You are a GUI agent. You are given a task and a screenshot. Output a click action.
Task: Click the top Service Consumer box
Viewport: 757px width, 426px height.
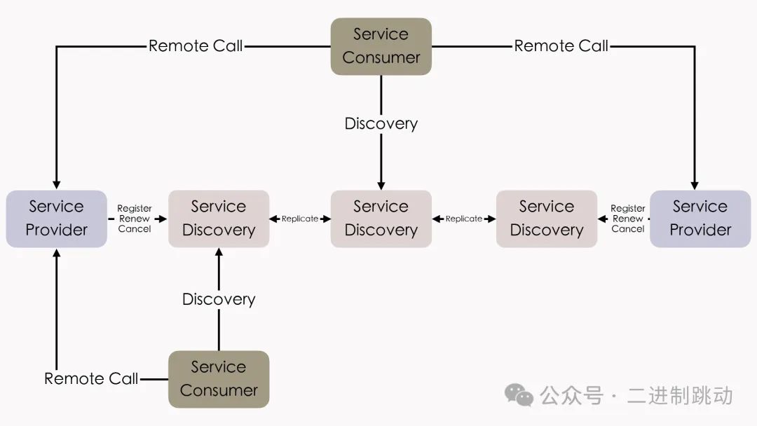381,46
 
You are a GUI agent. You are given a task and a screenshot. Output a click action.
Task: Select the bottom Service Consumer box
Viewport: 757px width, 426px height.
219,379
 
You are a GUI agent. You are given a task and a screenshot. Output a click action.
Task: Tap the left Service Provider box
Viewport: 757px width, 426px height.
56,219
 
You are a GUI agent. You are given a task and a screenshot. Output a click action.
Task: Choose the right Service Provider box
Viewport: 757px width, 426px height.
700,219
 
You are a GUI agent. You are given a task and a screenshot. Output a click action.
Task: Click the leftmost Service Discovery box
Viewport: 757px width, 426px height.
219,219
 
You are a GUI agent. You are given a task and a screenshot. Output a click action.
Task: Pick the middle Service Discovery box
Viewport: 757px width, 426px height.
381,219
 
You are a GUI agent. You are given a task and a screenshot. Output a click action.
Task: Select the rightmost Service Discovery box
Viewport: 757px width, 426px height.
547,219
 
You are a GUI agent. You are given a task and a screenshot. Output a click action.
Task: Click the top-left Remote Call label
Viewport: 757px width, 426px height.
196,46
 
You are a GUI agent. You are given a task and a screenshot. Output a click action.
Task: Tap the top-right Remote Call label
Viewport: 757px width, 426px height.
561,46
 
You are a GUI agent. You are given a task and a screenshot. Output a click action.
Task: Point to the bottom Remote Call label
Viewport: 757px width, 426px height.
91,379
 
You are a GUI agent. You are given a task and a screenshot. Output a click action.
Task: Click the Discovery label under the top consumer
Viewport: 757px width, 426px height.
381,124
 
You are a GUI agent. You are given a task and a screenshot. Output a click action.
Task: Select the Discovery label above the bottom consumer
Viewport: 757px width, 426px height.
219,299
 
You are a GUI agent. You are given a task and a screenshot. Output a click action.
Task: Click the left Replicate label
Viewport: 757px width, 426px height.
300,219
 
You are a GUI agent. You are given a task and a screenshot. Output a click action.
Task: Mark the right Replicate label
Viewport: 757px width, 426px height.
464,219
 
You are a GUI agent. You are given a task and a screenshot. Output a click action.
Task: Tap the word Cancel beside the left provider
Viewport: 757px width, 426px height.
135,229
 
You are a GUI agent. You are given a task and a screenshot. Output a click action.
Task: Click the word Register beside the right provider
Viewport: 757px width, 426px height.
628,208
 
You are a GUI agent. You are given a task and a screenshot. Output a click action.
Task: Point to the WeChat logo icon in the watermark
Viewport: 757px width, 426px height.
519,395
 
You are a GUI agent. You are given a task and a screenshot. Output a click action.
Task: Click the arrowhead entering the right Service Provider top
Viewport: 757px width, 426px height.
695,185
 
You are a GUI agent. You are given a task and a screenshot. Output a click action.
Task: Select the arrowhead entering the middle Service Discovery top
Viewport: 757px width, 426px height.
381,185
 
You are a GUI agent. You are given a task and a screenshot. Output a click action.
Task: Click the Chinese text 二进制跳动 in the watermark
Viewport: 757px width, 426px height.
680,396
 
